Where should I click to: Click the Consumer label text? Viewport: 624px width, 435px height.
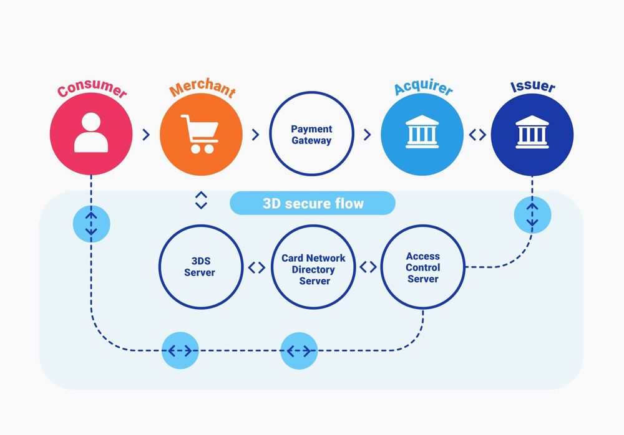point(92,90)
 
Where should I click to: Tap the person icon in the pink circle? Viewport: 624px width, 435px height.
point(91,133)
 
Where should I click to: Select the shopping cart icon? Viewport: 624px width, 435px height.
point(200,133)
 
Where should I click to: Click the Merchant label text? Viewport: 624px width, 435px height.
point(202,89)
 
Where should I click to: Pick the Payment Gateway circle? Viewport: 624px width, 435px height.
point(311,135)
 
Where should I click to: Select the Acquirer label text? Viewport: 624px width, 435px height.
point(423,88)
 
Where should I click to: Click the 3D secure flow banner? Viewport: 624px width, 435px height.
point(313,203)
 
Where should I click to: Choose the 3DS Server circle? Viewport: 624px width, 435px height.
point(200,267)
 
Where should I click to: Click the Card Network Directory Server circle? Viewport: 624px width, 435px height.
point(313,268)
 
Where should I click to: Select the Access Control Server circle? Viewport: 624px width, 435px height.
point(422,267)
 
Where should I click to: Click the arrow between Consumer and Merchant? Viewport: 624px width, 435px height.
point(146,135)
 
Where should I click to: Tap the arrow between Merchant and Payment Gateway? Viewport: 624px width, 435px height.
point(255,135)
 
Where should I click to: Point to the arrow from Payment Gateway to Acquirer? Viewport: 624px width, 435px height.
point(366,135)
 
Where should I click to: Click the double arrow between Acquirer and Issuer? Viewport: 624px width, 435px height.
point(477,135)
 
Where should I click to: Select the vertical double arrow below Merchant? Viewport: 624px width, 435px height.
point(200,200)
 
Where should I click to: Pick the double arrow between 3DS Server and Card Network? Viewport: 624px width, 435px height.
point(256,268)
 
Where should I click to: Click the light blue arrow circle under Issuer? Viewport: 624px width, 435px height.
point(532,214)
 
